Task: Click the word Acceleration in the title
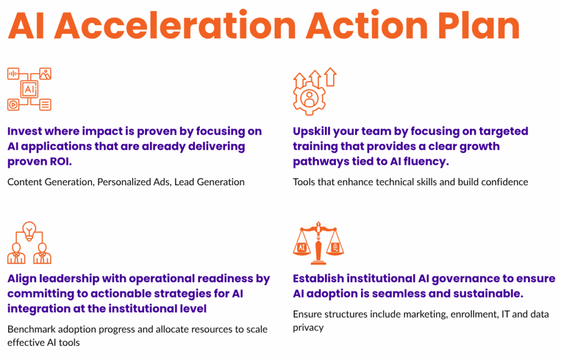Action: (x=176, y=25)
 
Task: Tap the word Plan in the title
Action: (x=479, y=25)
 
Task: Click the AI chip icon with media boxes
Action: (x=30, y=89)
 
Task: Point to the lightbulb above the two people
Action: (x=30, y=231)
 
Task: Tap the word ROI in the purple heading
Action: (x=60, y=162)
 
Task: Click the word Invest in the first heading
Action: (x=24, y=131)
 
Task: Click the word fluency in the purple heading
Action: (x=426, y=162)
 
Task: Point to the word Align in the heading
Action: (x=21, y=279)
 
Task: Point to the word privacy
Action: (x=308, y=328)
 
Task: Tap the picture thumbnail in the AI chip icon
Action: (x=45, y=73)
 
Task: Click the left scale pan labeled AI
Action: (x=302, y=247)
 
